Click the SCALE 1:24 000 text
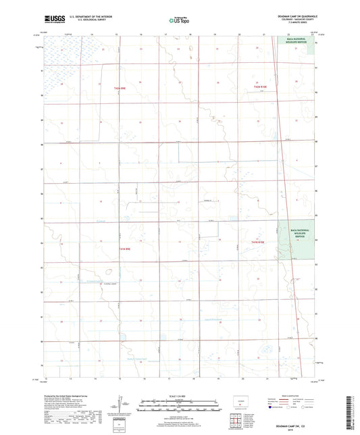[179, 396]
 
